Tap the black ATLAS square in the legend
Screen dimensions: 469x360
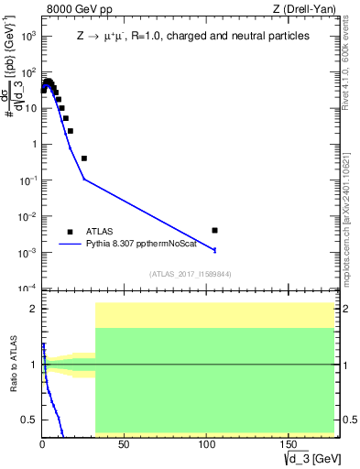click(70, 232)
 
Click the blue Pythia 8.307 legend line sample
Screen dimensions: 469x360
click(70, 245)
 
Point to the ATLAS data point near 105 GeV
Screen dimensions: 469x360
click(214, 230)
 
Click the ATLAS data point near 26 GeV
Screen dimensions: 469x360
click(83, 158)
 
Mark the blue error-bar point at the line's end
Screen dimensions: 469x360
click(214, 249)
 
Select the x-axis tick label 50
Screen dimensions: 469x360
click(95, 444)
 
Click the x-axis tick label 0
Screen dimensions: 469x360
click(42, 444)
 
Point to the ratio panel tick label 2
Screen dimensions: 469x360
click(32, 309)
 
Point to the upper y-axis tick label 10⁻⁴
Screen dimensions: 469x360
click(27, 289)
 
